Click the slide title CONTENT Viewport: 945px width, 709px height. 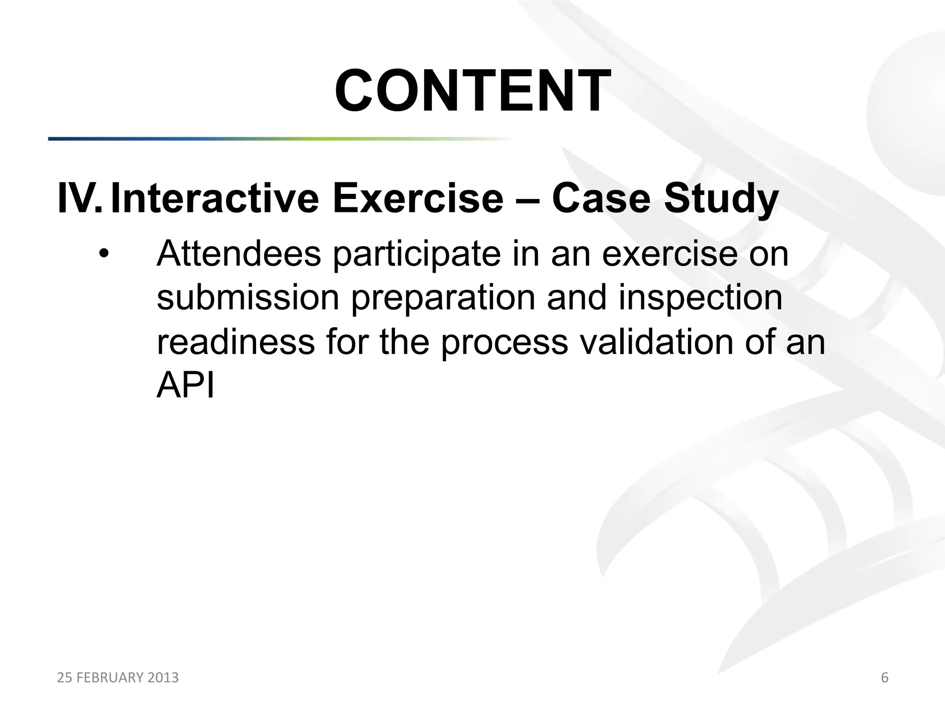click(472, 90)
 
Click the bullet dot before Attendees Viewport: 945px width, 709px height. click(105, 254)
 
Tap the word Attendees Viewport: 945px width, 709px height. click(239, 254)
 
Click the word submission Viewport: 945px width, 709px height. click(248, 298)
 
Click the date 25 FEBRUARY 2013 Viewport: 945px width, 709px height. click(118, 678)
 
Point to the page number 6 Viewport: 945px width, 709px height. click(885, 678)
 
